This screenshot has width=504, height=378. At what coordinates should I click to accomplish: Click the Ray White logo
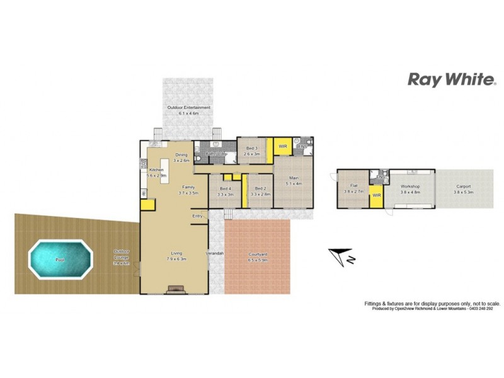coord(451,79)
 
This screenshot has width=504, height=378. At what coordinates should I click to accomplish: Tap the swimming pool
coord(60,259)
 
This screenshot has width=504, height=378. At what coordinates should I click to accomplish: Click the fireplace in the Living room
coord(175,289)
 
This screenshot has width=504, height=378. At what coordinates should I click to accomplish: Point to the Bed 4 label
coord(226,189)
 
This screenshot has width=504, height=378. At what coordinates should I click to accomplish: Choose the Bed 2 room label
coord(260,189)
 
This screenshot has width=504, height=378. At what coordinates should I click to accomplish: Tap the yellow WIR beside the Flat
coord(377,195)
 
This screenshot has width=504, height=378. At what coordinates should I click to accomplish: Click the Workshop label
coord(410,187)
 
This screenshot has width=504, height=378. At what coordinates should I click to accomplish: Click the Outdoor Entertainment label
coord(188,108)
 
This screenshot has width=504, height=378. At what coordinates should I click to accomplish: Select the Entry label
coord(198,216)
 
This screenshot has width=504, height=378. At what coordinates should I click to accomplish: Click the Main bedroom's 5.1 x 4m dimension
coord(294,184)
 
